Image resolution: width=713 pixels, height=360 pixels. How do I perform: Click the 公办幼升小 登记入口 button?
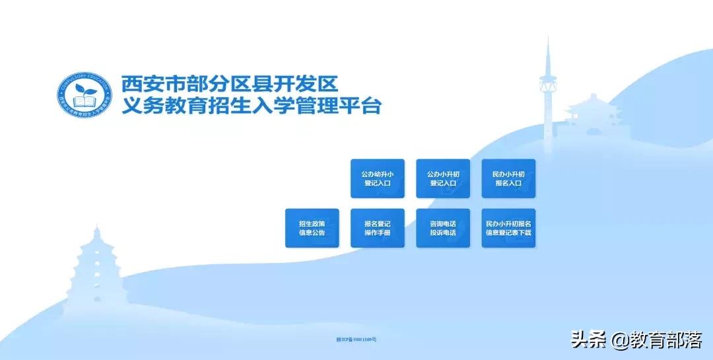(377, 178)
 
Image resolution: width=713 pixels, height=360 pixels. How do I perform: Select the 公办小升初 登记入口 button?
(442, 178)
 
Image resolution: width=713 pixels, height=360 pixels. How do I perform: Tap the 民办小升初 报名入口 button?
(508, 178)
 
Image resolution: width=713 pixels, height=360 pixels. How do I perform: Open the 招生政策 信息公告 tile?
(312, 228)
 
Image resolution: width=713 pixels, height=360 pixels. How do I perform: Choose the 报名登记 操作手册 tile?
(377, 228)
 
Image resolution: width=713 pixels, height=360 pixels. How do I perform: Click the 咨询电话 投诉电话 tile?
(442, 228)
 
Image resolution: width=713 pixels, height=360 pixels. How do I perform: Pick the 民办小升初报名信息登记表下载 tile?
(508, 228)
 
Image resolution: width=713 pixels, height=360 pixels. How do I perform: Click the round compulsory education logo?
(84, 96)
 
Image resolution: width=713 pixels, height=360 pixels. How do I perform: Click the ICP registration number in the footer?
(356, 340)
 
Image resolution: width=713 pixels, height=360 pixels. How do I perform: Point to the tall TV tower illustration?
(547, 92)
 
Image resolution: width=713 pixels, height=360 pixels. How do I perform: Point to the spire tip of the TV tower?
(547, 41)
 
